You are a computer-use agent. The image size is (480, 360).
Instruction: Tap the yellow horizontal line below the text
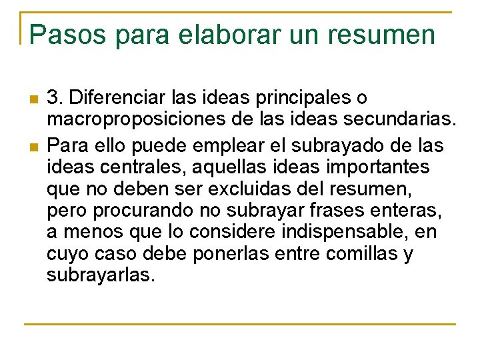tap(240, 324)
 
